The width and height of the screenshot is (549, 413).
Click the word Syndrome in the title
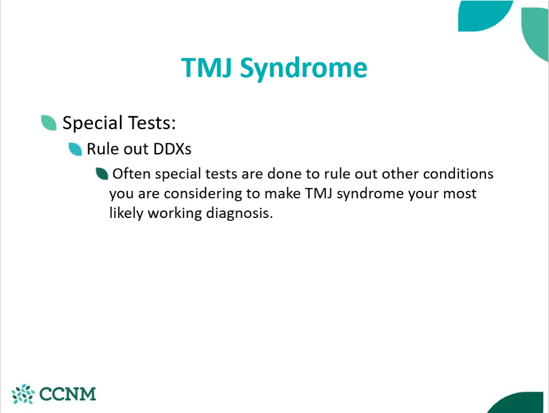[304, 68]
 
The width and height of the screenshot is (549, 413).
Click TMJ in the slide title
[206, 67]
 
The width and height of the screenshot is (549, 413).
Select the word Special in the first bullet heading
[92, 123]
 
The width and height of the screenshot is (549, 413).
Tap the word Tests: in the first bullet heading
[152, 123]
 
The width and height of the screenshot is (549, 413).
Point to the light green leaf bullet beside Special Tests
[49, 123]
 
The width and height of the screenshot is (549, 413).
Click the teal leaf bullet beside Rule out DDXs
[75, 149]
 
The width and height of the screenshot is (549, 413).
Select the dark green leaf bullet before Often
[102, 174]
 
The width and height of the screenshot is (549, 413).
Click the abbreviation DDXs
[172, 149]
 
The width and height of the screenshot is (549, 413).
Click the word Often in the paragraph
[132, 174]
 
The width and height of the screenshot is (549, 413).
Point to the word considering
[203, 194]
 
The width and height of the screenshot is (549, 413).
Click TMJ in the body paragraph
[319, 193]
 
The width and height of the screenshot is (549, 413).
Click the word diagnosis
[240, 213]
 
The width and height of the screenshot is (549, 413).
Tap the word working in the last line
[175, 213]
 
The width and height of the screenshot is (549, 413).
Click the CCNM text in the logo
[68, 394]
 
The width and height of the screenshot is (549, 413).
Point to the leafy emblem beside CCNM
[23, 394]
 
